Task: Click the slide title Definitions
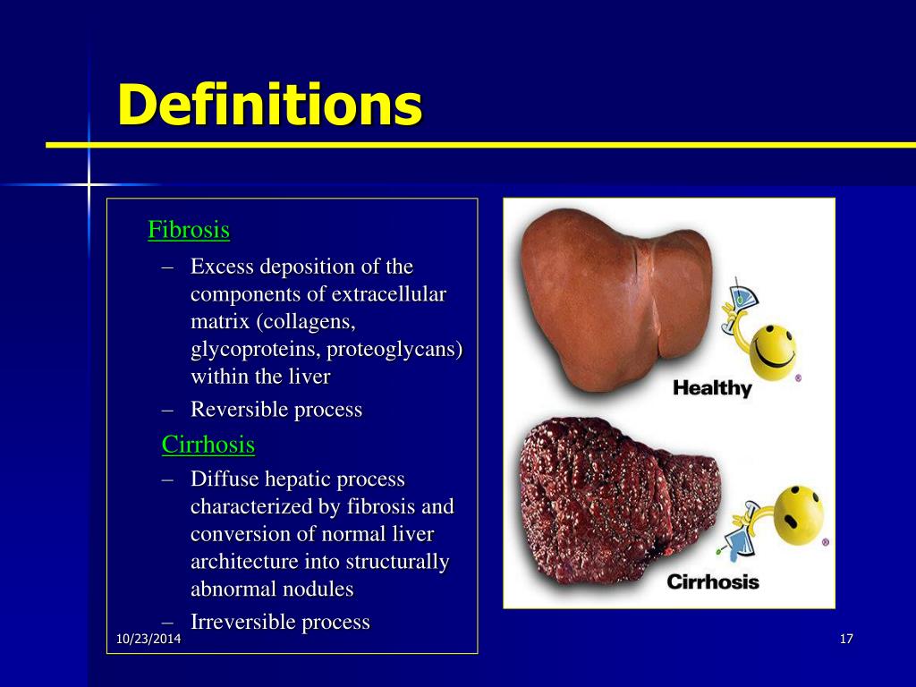point(269,105)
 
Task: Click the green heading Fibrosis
point(189,230)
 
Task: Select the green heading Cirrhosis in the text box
point(208,445)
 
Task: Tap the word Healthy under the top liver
point(712,388)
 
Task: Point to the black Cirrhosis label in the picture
point(713,581)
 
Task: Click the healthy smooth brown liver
point(616,298)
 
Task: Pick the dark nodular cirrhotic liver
point(619,501)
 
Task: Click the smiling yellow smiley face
point(772,352)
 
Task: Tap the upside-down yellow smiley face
point(799,513)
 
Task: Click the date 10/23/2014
point(148,639)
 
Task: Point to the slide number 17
point(846,639)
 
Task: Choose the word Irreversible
point(240,622)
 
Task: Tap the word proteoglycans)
point(394,350)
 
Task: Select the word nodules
point(320,589)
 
